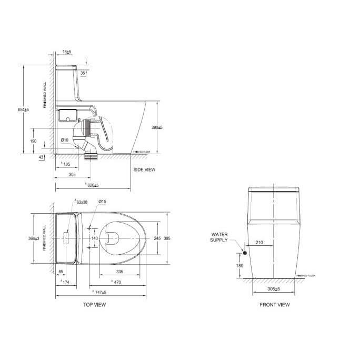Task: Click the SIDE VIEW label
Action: [x=144, y=169]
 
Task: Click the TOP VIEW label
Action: [x=95, y=305]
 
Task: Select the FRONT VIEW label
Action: [x=274, y=305]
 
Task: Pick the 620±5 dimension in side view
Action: [x=92, y=185]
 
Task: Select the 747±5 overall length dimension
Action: [x=99, y=292]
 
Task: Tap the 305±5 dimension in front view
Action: [x=274, y=289]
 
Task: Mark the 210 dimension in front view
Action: [x=259, y=243]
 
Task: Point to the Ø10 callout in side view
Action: [x=65, y=139]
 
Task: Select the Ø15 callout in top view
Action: [x=102, y=202]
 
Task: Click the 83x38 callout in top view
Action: [x=82, y=202]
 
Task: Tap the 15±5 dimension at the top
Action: [x=66, y=53]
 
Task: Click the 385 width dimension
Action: [x=167, y=238]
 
